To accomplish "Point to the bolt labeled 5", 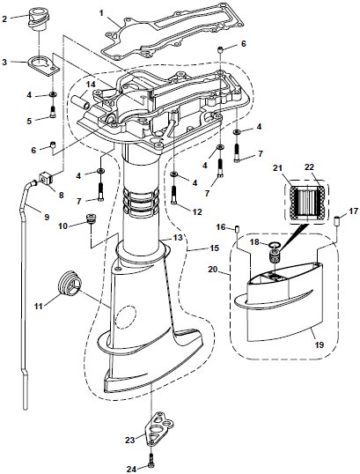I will click(x=54, y=111).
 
